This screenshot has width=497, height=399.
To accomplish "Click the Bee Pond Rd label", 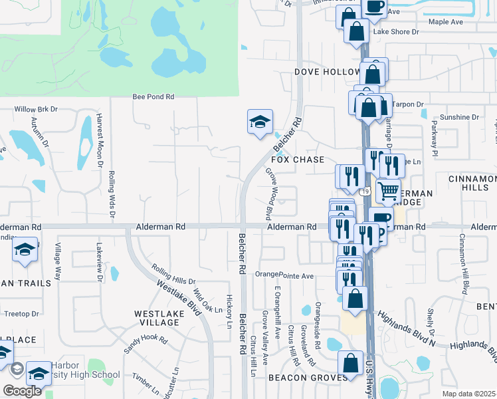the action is point(153,96).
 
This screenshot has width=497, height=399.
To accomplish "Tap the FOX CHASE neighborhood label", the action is point(298,160).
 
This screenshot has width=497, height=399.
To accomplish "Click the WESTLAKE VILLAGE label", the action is point(156,318).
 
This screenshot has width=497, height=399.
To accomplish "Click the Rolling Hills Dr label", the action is point(173,276).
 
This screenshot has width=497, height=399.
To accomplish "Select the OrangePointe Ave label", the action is point(284,275).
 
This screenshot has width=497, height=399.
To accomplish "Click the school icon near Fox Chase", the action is point(260,122).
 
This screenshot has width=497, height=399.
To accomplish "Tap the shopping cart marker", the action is point(389,192).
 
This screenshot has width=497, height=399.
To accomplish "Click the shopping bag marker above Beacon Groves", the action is point(350,363).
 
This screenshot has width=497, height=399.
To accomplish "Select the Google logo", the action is point(22,391).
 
